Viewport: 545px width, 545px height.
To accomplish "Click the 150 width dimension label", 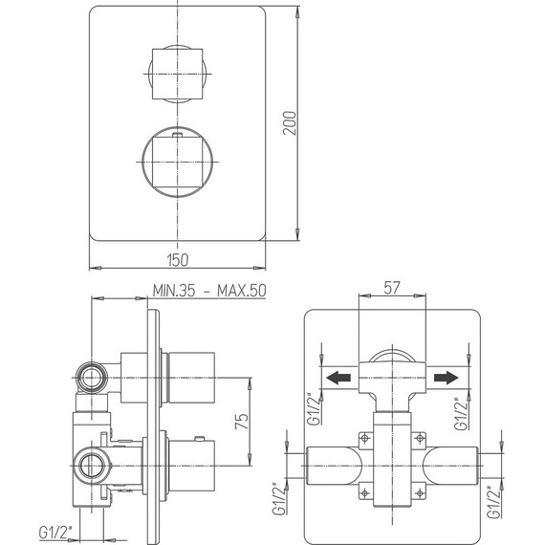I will [x=179, y=260].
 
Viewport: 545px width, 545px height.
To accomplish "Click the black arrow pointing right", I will [x=441, y=378].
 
